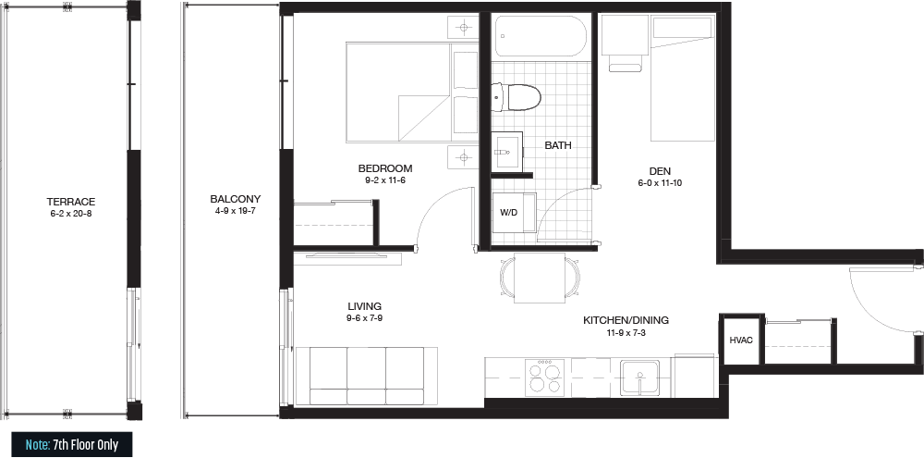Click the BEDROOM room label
tap(384, 168)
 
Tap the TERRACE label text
tap(71, 202)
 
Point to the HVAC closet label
tap(741, 340)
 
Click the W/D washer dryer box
tap(514, 213)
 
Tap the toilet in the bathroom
tap(517, 98)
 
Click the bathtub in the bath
tap(541, 36)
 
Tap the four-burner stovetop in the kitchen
tap(544, 377)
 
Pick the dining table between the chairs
tap(540, 278)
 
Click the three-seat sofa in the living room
tap(367, 376)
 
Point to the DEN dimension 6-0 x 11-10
tap(660, 183)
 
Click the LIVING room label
tap(364, 306)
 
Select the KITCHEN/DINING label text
tap(626, 320)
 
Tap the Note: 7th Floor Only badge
tap(72, 444)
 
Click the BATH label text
tap(558, 145)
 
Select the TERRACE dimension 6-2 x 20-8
tap(71, 214)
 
